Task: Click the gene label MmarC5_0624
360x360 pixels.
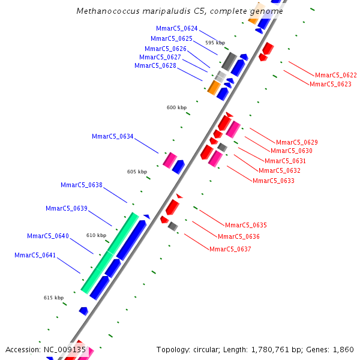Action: (176, 28)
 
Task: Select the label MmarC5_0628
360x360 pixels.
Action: (155, 65)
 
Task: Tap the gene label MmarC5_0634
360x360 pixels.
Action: (112, 136)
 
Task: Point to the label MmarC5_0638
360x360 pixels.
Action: (81, 185)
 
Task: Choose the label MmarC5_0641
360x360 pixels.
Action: (35, 255)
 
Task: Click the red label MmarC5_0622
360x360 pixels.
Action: (335, 75)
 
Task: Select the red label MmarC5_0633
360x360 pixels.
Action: (273, 181)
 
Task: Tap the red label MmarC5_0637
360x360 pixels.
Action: (230, 248)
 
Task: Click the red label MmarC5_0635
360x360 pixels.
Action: (245, 225)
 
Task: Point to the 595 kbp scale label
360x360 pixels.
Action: (215, 43)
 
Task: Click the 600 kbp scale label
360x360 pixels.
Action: (176, 107)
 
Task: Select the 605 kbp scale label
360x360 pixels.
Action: (137, 172)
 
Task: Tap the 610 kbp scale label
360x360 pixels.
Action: (96, 235)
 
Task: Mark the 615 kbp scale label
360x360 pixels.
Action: (53, 298)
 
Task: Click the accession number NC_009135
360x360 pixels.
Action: (64, 349)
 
